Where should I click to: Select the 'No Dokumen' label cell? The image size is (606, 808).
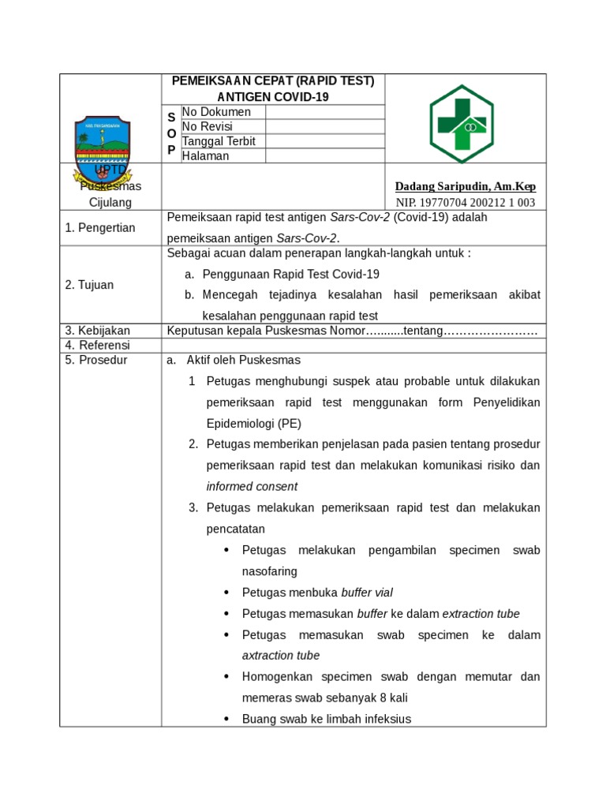(216, 112)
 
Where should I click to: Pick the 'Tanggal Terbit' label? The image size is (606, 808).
(219, 141)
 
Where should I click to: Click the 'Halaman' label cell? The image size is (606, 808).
(205, 155)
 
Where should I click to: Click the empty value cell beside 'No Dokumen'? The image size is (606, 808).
(324, 112)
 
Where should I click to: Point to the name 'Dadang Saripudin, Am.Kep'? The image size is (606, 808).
(465, 186)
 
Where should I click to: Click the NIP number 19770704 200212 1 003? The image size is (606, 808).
(465, 202)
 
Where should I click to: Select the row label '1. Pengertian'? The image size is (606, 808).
(100, 228)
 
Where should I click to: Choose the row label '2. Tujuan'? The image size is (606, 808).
(89, 285)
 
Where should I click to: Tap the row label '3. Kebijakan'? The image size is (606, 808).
(97, 331)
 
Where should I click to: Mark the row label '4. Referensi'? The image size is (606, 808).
(97, 345)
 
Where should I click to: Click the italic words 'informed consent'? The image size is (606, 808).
(252, 486)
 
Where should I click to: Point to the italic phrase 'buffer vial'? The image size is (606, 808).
(367, 593)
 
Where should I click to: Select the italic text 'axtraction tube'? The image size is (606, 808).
(280, 656)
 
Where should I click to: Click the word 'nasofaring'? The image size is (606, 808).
(269, 570)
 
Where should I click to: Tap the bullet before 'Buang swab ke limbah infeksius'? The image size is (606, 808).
(226, 719)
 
